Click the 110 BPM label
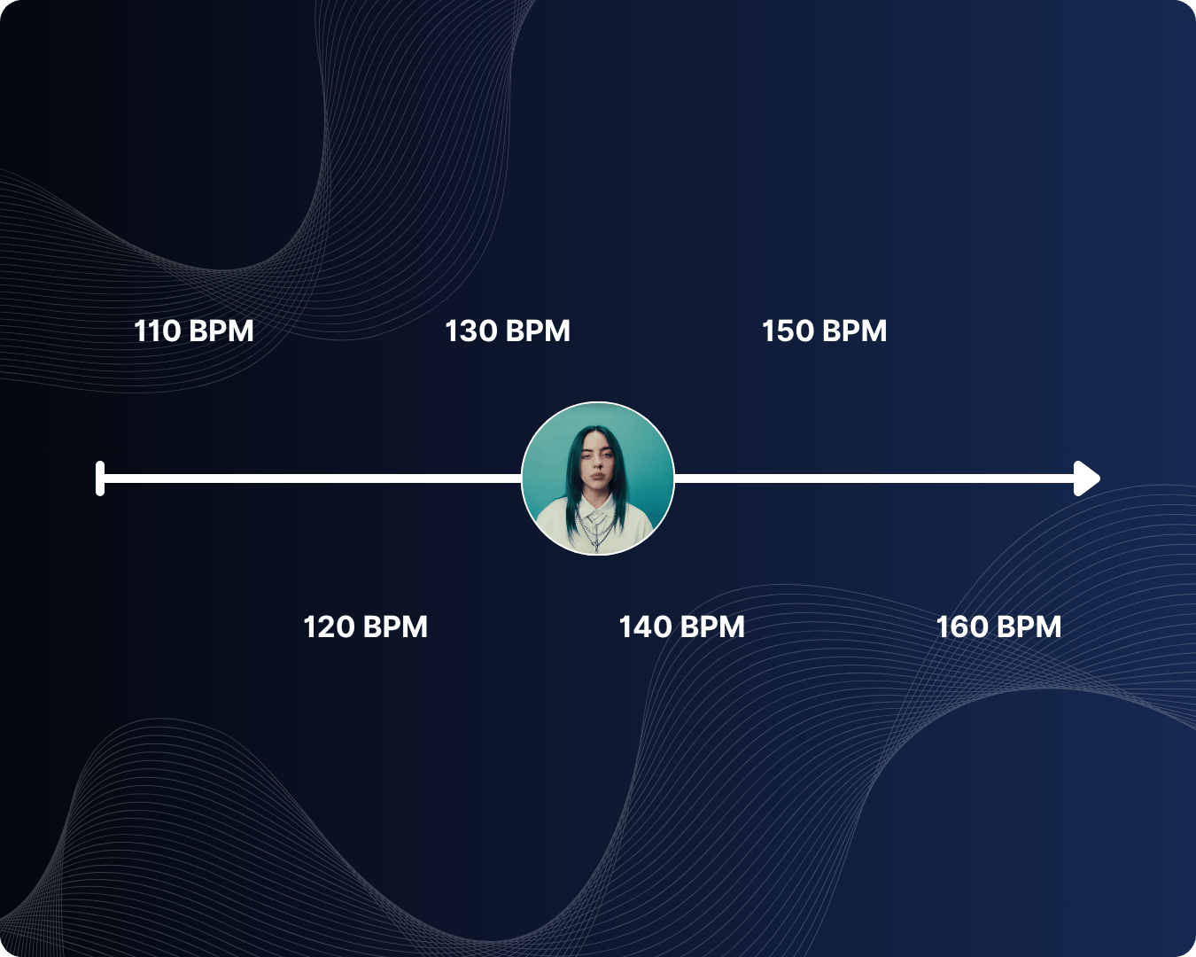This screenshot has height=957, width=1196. [x=193, y=331]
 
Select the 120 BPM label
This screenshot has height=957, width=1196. [x=365, y=626]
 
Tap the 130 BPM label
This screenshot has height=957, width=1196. [x=507, y=331]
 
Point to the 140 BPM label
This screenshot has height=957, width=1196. [x=681, y=626]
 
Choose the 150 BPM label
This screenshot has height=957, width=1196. [x=824, y=331]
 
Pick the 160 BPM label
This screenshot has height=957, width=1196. [x=998, y=626]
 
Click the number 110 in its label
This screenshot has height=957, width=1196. [x=157, y=331]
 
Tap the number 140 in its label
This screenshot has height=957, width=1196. [x=645, y=626]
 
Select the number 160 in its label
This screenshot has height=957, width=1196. [x=962, y=626]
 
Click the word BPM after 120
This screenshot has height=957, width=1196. [x=395, y=626]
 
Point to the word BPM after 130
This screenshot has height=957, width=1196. [x=538, y=331]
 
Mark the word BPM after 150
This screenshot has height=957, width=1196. [x=855, y=331]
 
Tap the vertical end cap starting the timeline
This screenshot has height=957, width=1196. [x=100, y=478]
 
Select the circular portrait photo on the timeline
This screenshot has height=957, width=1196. [x=598, y=478]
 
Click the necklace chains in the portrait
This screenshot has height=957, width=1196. [x=596, y=526]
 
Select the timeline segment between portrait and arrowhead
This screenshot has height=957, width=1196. [x=873, y=478]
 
